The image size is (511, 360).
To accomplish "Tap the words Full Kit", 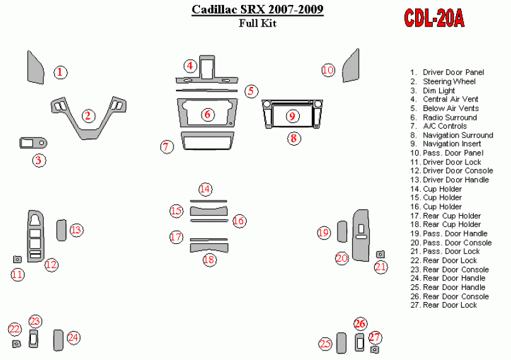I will (257, 24).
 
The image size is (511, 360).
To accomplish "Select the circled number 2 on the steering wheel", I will (88, 115).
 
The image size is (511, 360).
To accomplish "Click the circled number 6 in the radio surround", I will (207, 114).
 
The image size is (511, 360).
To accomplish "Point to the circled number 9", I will (291, 115).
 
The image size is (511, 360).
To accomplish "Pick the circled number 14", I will (205, 189).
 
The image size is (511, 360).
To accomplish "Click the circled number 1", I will (60, 73).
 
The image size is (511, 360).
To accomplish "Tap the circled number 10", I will (327, 70).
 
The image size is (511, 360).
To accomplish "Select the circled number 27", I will (375, 337).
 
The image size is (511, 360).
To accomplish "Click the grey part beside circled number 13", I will (62, 229).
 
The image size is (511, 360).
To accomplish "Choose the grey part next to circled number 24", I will (59, 340).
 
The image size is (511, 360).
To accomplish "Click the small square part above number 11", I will (18, 259).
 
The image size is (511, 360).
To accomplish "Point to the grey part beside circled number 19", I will (341, 231).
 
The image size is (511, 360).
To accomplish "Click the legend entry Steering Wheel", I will (449, 81).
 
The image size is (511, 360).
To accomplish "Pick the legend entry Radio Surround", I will (449, 117).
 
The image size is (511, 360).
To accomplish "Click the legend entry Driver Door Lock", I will (452, 162).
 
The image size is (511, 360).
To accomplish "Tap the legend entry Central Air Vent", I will (450, 99).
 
